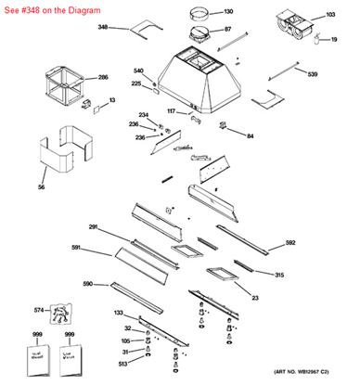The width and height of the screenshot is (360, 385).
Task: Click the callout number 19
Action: [x=333, y=39]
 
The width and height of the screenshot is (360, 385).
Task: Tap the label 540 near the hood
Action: [x=138, y=71]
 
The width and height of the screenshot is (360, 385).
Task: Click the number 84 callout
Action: [x=250, y=136]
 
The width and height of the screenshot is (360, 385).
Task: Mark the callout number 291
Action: [x=94, y=227]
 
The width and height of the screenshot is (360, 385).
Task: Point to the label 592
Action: [x=290, y=243]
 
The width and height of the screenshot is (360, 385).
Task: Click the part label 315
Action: [x=279, y=276]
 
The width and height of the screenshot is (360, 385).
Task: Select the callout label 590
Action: [x=88, y=284]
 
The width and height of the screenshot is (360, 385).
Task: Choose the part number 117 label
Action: [x=171, y=111]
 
